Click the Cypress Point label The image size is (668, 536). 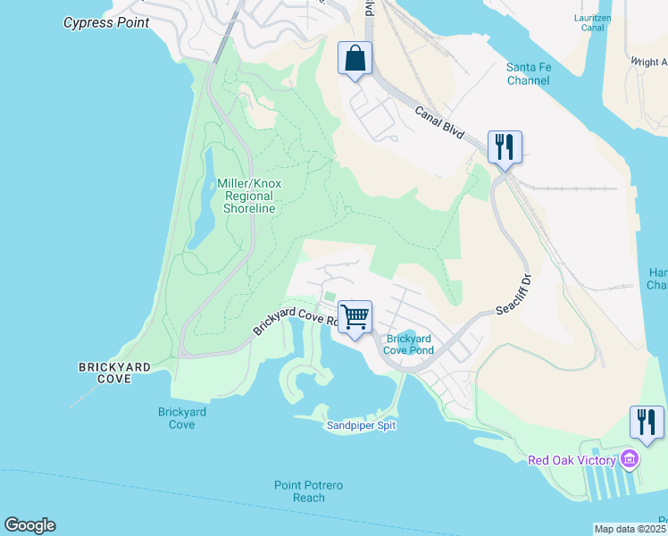pos(106,22)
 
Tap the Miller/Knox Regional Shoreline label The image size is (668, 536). pos(249,196)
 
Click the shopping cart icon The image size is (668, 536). pos(355,316)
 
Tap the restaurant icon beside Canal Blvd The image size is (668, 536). pos(505,147)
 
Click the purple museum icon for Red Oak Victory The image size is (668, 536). pos(630,459)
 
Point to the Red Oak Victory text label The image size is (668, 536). pos(572,460)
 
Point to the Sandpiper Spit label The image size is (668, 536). pos(360,425)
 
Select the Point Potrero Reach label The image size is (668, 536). pos(309,490)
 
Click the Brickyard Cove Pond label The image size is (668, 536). pos(409,344)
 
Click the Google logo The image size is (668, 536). pos(29,525)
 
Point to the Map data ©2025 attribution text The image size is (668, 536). pos(630,529)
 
